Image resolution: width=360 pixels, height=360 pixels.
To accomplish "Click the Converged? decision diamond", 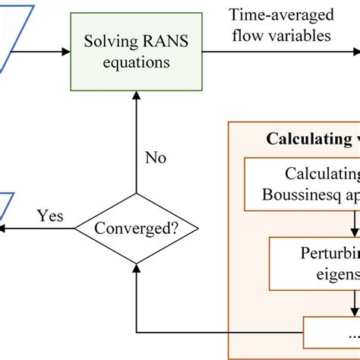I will click(x=136, y=227).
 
